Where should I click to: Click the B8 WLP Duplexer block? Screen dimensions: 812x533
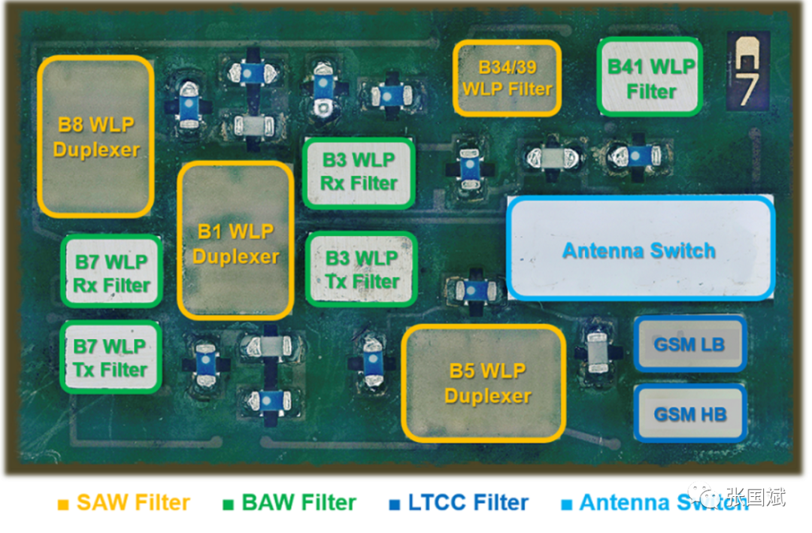point(95,136)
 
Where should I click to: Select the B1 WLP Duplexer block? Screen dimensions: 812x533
point(235,241)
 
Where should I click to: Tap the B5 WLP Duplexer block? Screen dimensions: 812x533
point(483,383)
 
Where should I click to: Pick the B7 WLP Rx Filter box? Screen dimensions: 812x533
point(112,271)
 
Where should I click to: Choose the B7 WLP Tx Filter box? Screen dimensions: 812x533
point(111,357)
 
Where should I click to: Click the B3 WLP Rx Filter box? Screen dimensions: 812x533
point(359,173)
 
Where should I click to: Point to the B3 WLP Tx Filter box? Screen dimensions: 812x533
point(362,269)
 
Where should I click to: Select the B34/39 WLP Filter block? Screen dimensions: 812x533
point(507,78)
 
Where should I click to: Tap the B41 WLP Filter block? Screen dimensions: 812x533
point(650,77)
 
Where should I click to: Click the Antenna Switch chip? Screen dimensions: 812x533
point(640,248)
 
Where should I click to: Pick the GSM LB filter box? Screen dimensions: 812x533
point(689,344)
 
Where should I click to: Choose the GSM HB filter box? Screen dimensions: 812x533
point(690,413)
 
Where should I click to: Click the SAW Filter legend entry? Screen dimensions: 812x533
point(124,502)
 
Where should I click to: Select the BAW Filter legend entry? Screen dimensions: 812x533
point(290,502)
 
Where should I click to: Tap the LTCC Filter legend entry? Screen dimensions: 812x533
point(459,502)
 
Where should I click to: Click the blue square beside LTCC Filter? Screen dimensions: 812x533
point(395,504)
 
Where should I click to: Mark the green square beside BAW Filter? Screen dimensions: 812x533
point(229,504)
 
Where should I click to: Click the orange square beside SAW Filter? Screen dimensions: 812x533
point(63,504)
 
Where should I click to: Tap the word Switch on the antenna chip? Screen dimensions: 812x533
point(683,250)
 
